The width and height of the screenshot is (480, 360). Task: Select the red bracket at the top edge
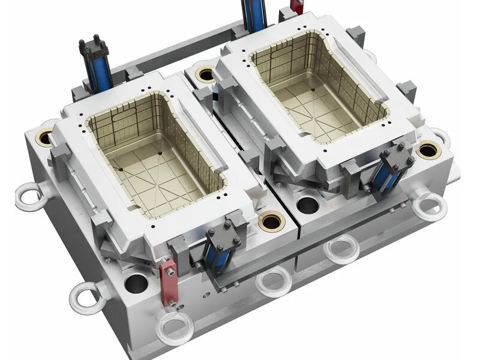click(295, 7)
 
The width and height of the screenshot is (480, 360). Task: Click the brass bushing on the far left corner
click(45, 137)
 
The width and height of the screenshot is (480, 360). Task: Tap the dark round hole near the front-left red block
click(136, 280)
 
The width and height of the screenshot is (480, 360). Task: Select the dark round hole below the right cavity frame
click(308, 204)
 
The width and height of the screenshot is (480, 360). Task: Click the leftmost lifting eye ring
click(28, 194)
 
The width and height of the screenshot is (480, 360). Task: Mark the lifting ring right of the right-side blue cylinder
click(430, 204)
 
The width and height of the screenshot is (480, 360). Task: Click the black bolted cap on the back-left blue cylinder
click(92, 47)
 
